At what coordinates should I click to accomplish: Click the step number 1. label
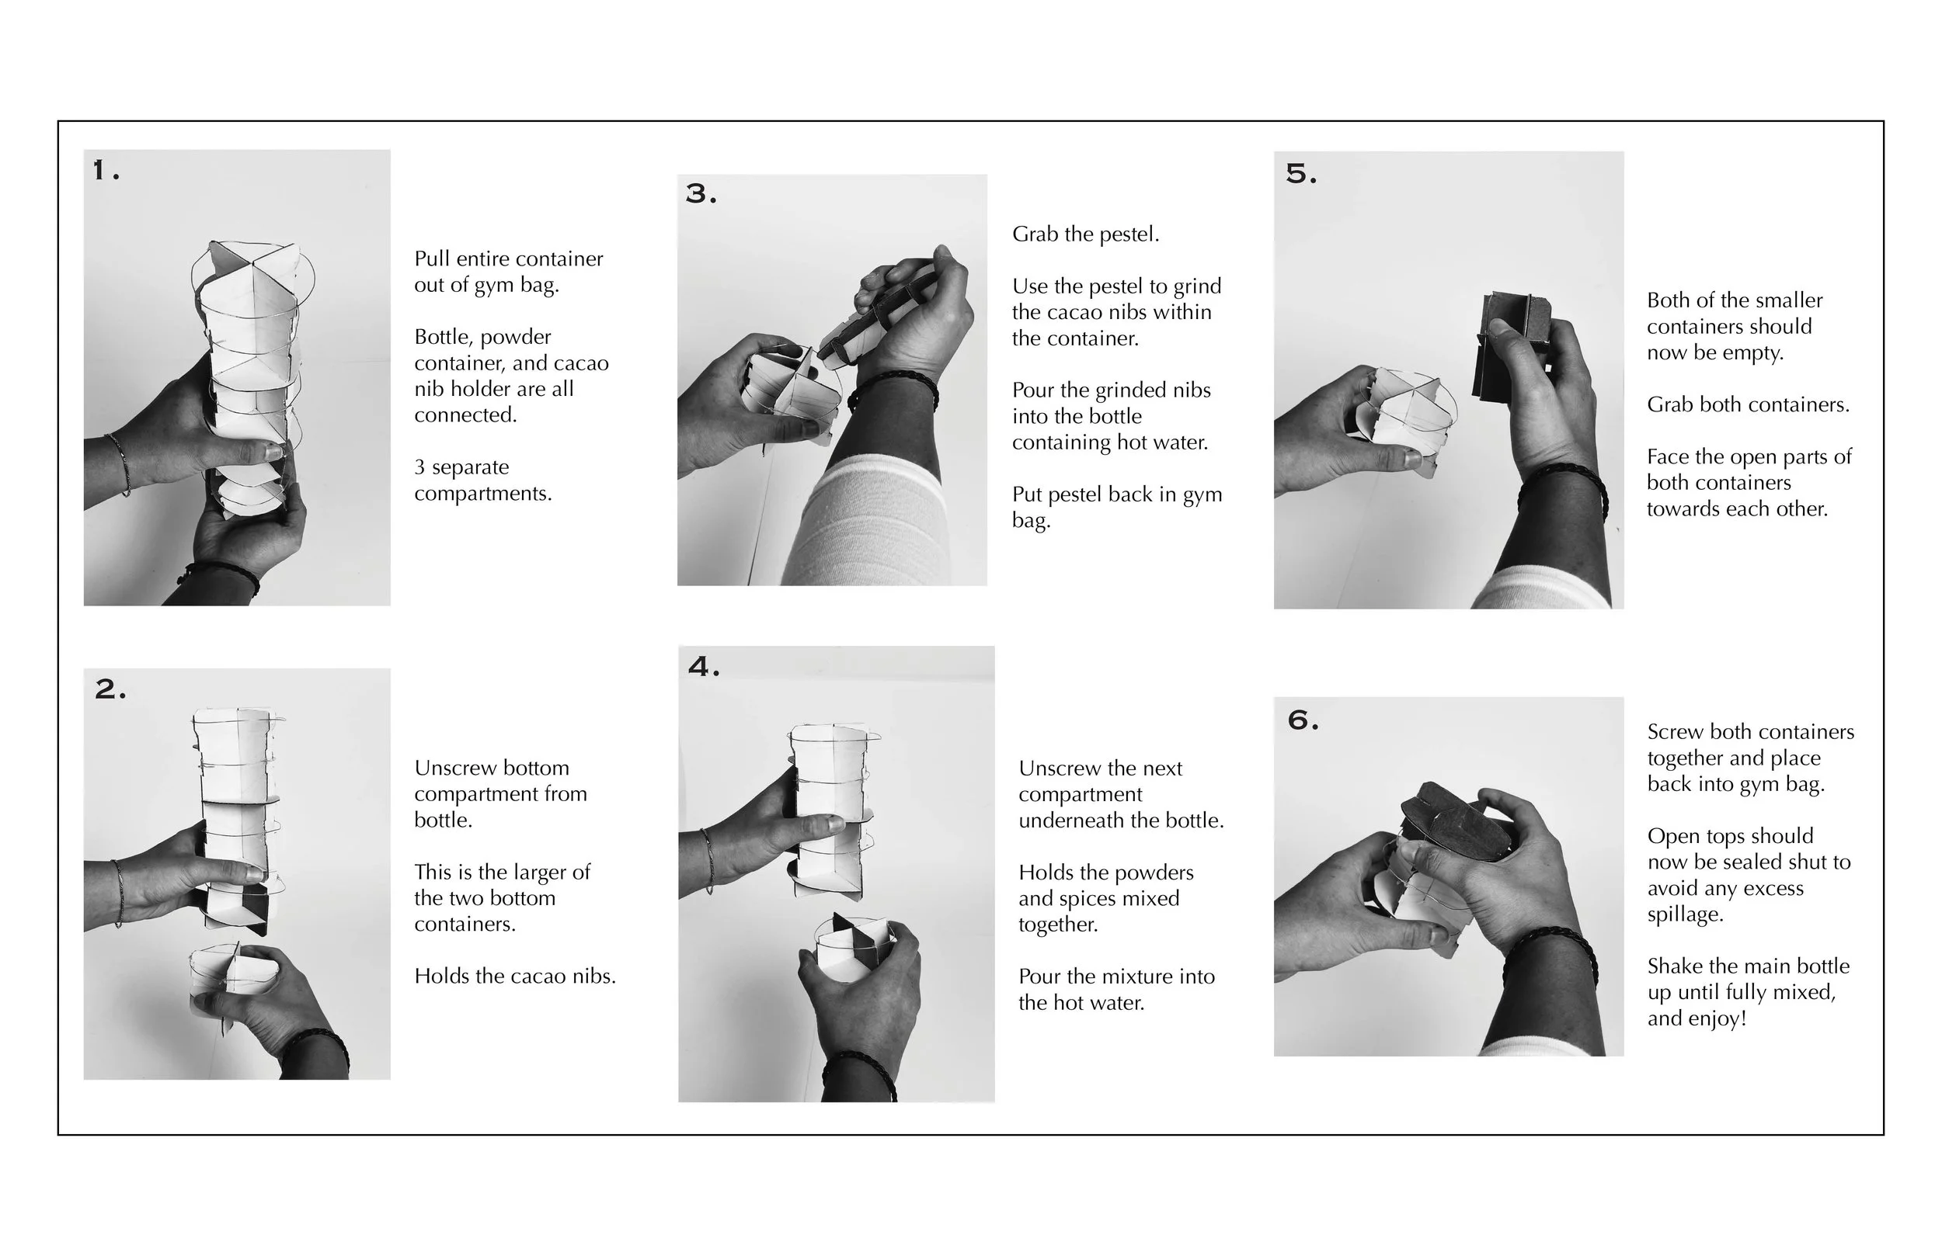[x=106, y=171]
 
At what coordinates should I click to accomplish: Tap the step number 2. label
[x=111, y=689]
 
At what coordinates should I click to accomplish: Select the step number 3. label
[x=701, y=193]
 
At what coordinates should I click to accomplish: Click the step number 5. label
[x=1301, y=173]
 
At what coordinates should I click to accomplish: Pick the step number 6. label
[x=1303, y=720]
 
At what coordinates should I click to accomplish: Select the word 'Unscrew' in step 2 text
[x=451, y=769]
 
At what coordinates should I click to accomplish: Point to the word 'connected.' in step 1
[x=466, y=415]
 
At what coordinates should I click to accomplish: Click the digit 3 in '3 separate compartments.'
[x=419, y=467]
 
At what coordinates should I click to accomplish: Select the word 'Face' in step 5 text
[x=1666, y=456]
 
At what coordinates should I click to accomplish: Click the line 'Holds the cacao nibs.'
[x=515, y=977]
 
